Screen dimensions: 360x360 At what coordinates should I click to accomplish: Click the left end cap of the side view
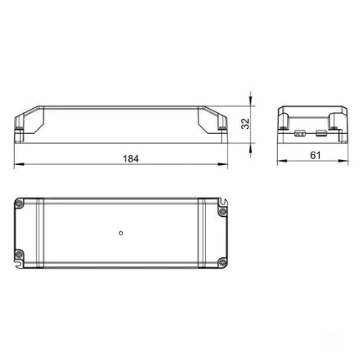pos(28,121)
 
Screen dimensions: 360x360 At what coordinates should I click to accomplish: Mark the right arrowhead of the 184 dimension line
pos(225,163)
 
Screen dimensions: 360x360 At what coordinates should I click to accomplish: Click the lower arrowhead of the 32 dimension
pos(253,140)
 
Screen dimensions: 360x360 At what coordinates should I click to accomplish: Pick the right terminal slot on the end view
pos(321,131)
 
